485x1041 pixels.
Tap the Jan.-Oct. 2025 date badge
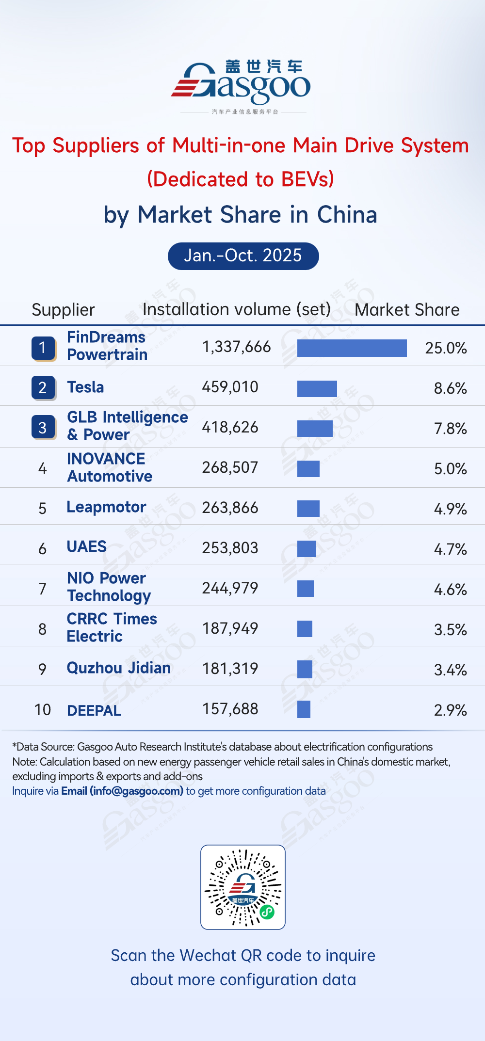[243, 256]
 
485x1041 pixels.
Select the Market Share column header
[407, 310]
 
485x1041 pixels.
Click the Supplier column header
[63, 310]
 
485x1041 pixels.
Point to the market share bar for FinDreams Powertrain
[352, 348]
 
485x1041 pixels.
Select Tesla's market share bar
[317, 388]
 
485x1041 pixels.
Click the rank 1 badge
[43, 348]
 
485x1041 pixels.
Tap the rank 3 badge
[43, 428]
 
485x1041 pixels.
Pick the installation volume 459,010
[230, 387]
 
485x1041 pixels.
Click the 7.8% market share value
[450, 429]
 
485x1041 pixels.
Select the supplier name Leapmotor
[106, 507]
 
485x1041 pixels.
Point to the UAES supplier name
[86, 546]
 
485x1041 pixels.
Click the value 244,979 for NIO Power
[230, 588]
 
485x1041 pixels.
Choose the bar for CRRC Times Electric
[305, 629]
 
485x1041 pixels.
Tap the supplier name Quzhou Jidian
[118, 668]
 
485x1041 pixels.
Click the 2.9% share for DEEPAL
[450, 710]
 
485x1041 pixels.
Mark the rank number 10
[43, 710]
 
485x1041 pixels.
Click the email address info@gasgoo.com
[136, 791]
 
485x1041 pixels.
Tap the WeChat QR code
[243, 887]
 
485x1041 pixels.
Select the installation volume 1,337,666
[236, 347]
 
